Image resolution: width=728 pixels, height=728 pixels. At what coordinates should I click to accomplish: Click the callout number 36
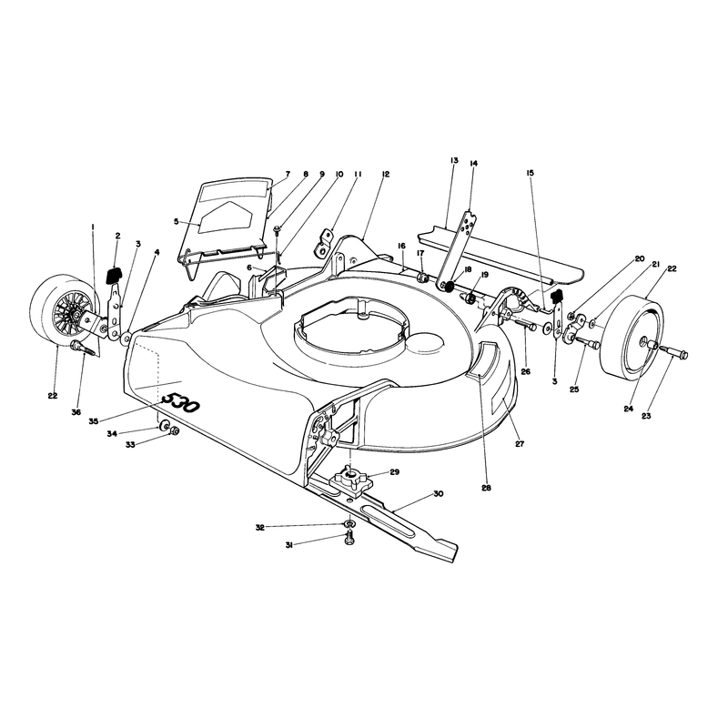coord(76,412)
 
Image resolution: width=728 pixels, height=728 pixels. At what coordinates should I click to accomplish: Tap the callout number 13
coord(453,160)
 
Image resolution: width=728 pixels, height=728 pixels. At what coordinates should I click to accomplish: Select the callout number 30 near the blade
coord(439,493)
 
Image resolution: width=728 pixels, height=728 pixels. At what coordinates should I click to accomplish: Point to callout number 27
coord(520,444)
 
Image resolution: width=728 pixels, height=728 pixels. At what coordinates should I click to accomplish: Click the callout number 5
coord(176,221)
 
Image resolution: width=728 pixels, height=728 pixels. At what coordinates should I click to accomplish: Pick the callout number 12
coord(386,174)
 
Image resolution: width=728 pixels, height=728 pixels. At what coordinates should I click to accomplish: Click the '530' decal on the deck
coord(180,403)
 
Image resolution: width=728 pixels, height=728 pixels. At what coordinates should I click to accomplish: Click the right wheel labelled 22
coord(632,335)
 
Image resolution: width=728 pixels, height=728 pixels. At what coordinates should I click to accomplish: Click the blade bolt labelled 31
coord(349,539)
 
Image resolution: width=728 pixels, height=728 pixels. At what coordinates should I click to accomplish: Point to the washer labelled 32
coord(349,524)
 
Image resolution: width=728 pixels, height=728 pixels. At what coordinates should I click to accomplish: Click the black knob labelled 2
coord(114,275)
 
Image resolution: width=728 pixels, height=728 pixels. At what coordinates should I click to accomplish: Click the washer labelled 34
coord(164,426)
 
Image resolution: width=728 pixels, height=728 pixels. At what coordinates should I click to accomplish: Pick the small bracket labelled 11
coord(327,242)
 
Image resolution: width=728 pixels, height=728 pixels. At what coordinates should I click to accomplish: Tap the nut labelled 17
coord(422,278)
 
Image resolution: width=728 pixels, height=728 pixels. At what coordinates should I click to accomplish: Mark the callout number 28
coord(486,488)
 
